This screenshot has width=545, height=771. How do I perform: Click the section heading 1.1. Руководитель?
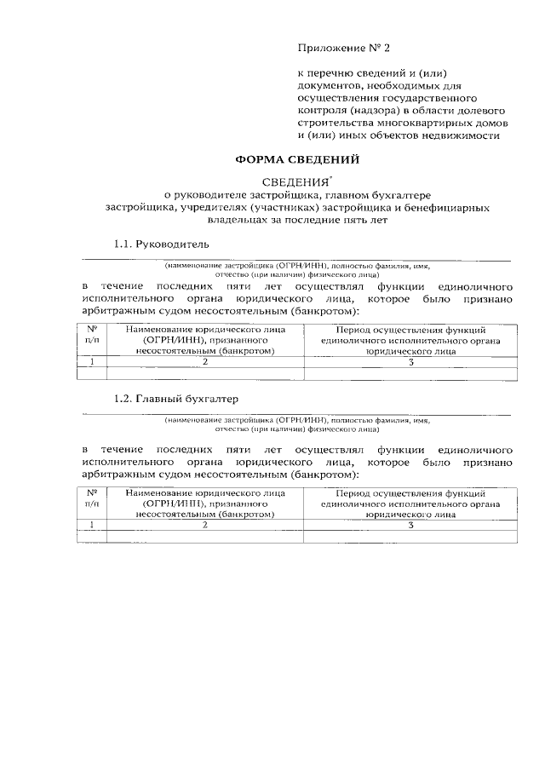pos(161,245)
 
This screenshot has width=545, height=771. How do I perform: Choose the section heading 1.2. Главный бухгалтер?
pos(177,399)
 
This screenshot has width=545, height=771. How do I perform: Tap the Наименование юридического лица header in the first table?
pos(205,339)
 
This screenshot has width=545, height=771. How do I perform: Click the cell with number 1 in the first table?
pos(91,361)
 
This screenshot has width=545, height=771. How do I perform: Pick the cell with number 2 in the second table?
pos(205,526)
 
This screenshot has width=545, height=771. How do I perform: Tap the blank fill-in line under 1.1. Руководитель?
pos(297,258)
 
